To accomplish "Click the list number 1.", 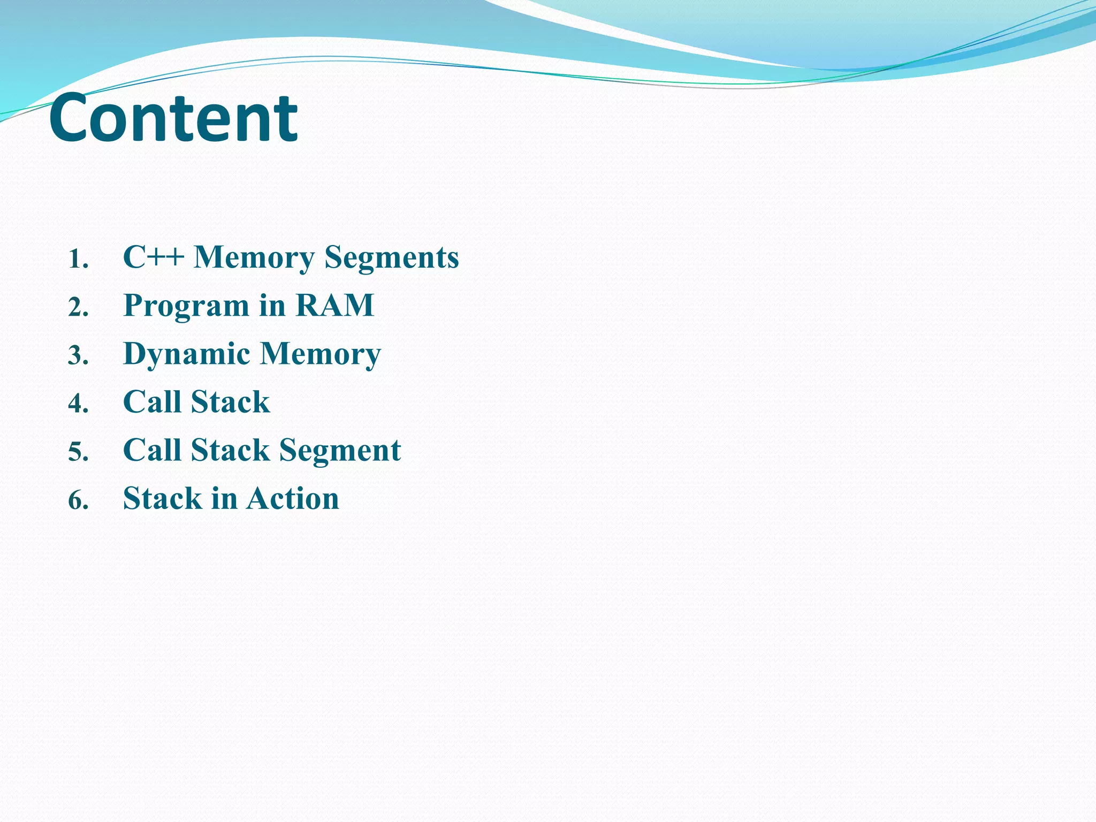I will coord(78,260).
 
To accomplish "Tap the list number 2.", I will coord(78,308).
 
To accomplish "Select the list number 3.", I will coord(78,356).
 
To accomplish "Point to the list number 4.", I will coord(78,404).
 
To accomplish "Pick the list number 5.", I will coord(78,452).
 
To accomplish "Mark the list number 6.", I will coord(78,501).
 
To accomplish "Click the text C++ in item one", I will coord(154,257).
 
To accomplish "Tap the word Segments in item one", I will coord(392,257).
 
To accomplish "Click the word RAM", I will coord(334,305).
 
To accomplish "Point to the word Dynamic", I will coord(186,354).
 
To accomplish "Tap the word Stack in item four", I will coord(230,402).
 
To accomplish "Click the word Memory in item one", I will coord(254,257).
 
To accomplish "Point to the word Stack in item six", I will coord(162,498).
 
